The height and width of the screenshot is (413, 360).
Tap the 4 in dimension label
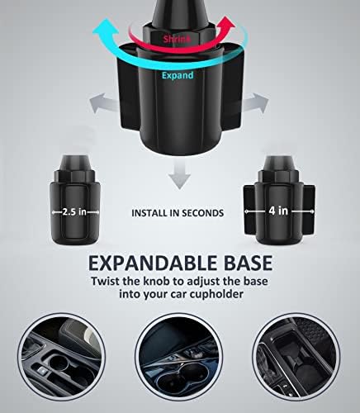point(279,211)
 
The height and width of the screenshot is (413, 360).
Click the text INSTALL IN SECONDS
point(178,212)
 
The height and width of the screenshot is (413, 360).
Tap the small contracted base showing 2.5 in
point(82,198)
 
